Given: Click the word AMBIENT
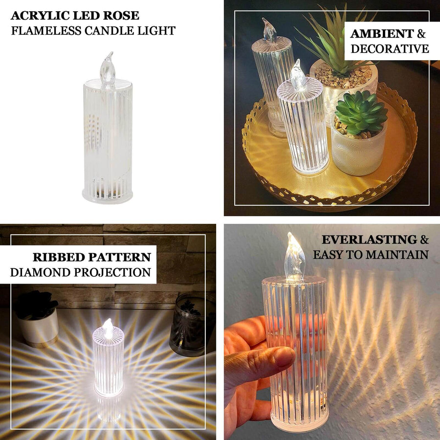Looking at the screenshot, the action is pyautogui.click(x=382, y=34).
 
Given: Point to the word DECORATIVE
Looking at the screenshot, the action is pyautogui.click(x=390, y=49).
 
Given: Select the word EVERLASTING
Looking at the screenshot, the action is pyautogui.click(x=369, y=240).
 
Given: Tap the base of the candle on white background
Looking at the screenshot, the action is pyautogui.click(x=108, y=196).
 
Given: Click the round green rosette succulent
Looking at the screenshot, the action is pyautogui.click(x=361, y=113).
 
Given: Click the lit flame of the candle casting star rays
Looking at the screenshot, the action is pyautogui.click(x=108, y=329).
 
